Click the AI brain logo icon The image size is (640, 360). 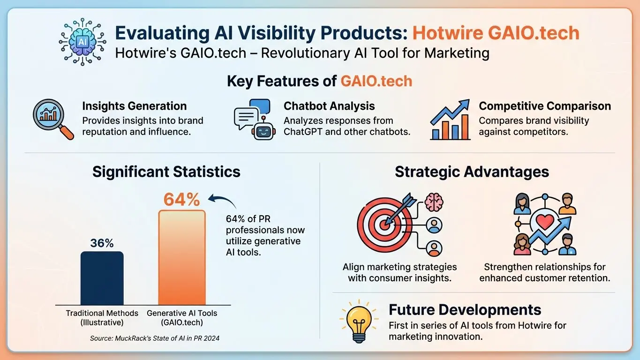pos(83,41)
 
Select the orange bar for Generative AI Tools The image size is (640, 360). pos(181,258)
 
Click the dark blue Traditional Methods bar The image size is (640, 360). pos(102,278)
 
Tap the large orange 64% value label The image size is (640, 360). pos(181,200)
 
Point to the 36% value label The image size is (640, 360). pos(102,243)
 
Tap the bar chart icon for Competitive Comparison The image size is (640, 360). pos(450,120)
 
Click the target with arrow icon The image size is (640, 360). pos(384,223)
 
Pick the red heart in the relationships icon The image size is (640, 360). pos(545,222)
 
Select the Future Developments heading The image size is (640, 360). pos(465,310)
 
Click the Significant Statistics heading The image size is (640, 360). pos(166,172)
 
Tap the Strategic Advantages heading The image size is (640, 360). pos(472,172)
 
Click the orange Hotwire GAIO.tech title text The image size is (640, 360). pos(496,33)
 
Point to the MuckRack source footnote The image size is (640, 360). pos(154,337)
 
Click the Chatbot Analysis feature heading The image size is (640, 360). pos(329,106)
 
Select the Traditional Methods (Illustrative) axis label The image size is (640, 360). pos(102,317)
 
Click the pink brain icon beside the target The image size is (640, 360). pos(434,202)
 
